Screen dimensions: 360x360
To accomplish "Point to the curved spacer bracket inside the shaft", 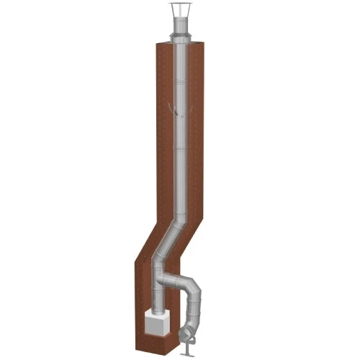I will coord(174,109).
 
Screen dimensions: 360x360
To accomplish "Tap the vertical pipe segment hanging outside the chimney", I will coord(195,313).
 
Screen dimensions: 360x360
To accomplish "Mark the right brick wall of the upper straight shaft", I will coord(196,130).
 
